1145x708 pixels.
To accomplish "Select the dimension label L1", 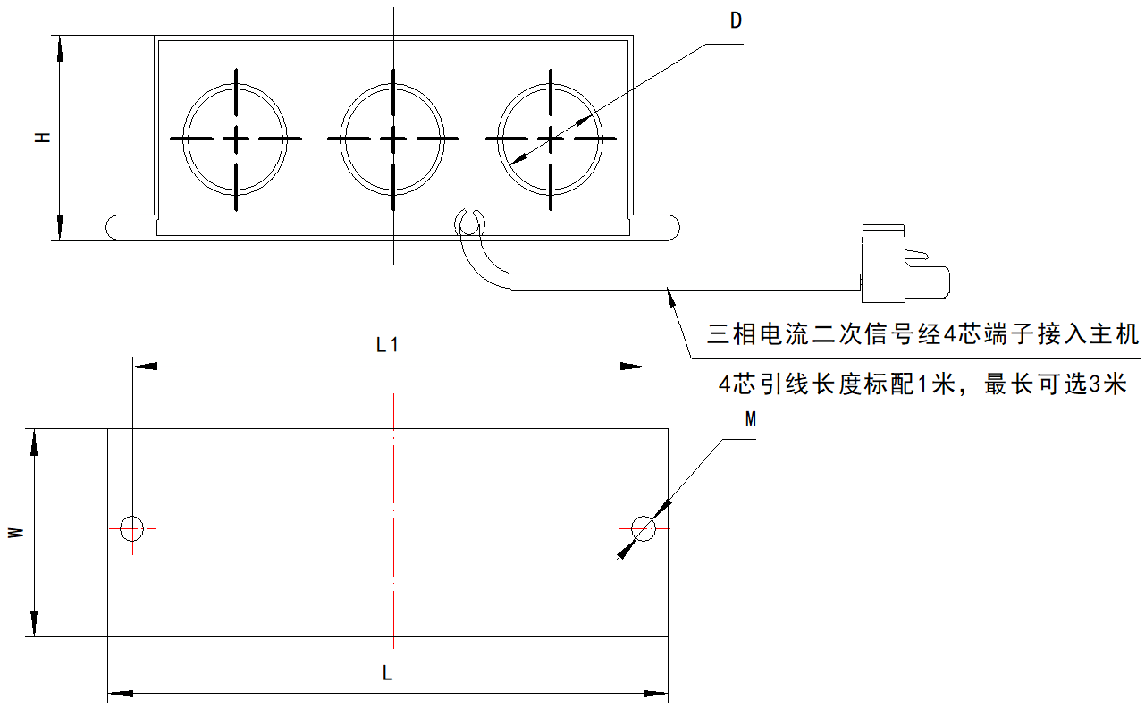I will click(387, 345).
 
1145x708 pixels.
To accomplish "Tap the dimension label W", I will click(15, 533).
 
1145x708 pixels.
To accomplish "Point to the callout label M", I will click(751, 420).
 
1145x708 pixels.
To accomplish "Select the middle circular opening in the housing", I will click(392, 139).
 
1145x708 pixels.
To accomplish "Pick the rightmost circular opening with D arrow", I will click(551, 139).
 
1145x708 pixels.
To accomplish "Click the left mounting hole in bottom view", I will click(132, 528).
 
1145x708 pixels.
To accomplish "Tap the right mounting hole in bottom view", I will click(643, 528).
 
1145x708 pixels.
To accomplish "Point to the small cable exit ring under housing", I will click(469, 221).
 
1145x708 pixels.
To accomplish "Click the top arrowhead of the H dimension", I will click(60, 48).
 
